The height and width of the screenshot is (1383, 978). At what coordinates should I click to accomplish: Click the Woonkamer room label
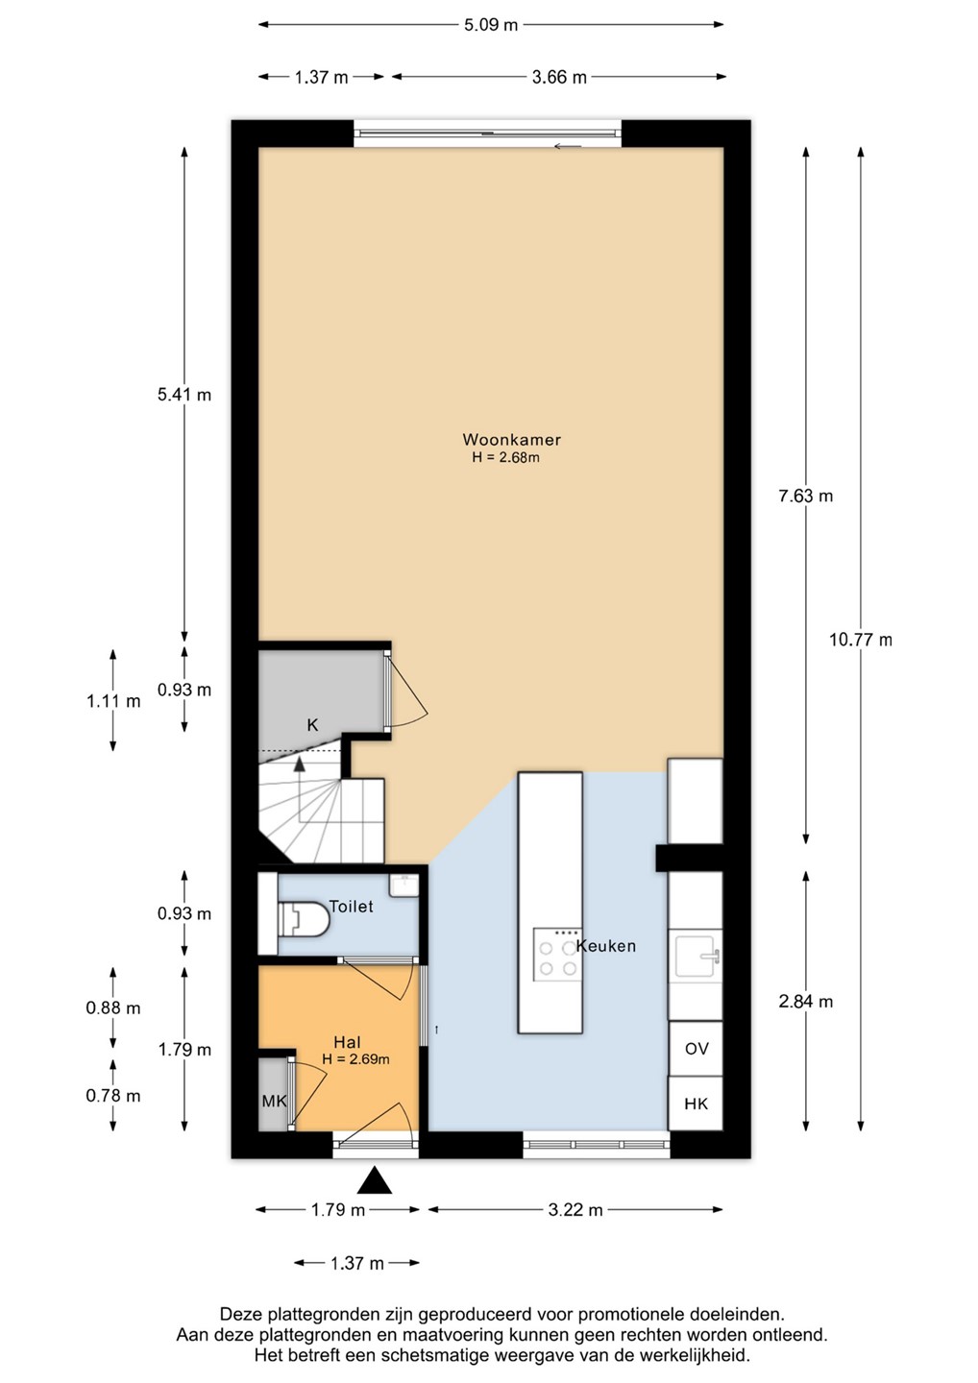(x=511, y=440)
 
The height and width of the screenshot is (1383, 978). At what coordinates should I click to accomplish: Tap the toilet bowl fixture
(x=304, y=919)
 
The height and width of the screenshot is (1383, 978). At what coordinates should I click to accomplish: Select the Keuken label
(x=605, y=946)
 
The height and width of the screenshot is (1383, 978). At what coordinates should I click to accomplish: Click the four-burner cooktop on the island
(x=557, y=954)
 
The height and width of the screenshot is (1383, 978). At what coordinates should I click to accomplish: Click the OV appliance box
(x=696, y=1049)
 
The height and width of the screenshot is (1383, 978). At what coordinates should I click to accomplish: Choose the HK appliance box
(x=696, y=1104)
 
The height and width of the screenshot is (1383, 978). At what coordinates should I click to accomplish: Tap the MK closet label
(x=274, y=1101)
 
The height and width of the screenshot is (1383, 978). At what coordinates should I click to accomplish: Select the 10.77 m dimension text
(x=860, y=640)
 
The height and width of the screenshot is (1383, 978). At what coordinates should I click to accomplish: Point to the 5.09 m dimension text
(x=491, y=25)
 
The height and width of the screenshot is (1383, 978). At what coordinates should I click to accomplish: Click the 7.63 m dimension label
(x=806, y=496)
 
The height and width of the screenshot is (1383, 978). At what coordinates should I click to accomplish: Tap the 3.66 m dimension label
(x=559, y=77)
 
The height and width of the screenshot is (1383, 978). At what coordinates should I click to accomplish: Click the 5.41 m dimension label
(x=184, y=395)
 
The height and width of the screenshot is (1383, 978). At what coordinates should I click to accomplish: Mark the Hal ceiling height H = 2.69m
(x=355, y=1059)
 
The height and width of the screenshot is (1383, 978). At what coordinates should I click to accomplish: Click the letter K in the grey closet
(x=312, y=725)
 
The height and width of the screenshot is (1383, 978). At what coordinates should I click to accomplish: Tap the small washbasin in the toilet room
(x=403, y=886)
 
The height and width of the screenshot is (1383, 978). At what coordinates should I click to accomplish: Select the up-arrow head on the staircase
(x=300, y=764)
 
